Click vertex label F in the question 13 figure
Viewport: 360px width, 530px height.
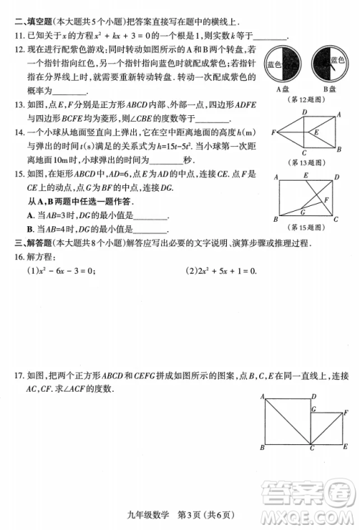click(x=274, y=132)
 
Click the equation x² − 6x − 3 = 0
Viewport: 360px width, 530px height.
click(x=62, y=271)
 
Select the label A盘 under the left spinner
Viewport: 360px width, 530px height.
click(x=283, y=89)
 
